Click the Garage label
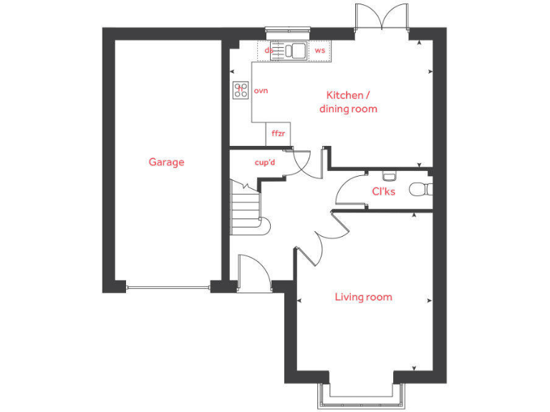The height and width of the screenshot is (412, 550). [x=166, y=162]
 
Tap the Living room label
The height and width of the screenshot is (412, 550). [x=364, y=297]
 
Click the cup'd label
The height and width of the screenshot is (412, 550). [x=265, y=162]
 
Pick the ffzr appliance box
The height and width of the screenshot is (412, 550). [x=278, y=134]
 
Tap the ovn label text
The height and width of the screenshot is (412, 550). [x=261, y=91]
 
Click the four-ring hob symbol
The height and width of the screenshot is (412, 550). [x=241, y=91]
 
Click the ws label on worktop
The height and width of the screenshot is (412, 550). [x=320, y=51]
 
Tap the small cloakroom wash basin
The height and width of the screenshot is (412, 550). [x=389, y=175]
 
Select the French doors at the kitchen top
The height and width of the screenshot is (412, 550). [x=382, y=16]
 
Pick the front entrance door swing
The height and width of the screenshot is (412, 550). [x=253, y=272]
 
